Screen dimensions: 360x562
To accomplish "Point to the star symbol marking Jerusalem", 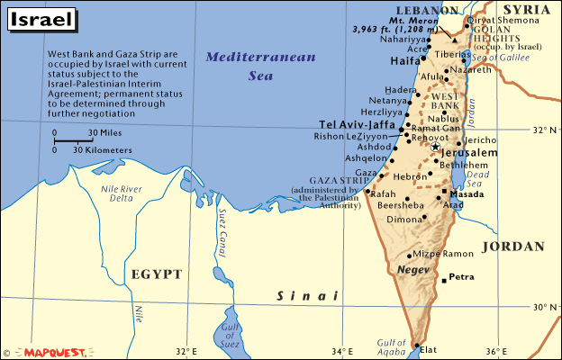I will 435,146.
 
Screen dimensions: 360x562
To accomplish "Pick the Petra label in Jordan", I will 463,277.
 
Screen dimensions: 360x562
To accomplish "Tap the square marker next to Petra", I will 444,282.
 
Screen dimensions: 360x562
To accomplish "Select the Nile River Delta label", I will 120,194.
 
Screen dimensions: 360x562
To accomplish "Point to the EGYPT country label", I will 156,274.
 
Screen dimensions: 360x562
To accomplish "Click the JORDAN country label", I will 512,246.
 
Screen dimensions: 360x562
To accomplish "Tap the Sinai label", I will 306,295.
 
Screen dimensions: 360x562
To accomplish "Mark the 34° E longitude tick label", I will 340,351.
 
